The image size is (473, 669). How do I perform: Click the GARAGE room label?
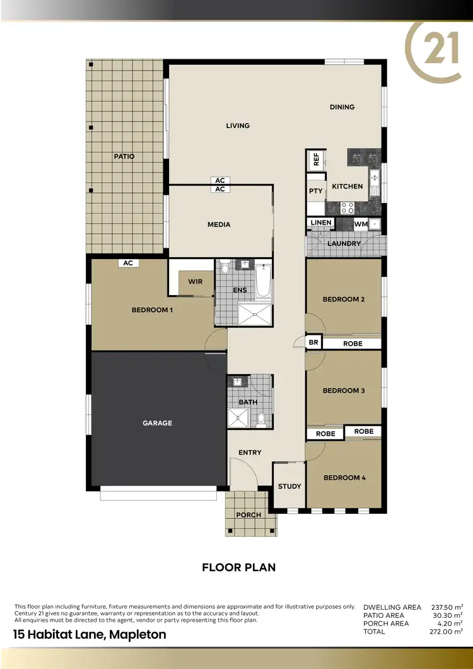[157, 423]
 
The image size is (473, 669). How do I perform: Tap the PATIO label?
[124, 156]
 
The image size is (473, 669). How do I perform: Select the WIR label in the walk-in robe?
[196, 281]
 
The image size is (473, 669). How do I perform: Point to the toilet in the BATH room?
[260, 417]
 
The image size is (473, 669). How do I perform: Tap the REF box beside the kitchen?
[316, 159]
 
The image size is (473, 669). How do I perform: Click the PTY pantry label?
[316, 191]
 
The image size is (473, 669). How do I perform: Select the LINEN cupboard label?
[321, 223]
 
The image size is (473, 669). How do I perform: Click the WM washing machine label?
[361, 224]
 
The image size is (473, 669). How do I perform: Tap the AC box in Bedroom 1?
[128, 263]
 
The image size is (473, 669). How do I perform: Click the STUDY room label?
[289, 486]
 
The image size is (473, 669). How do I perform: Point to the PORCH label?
[248, 515]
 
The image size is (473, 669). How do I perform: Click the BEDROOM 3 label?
[344, 390]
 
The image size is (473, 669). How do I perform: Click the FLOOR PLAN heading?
[238, 567]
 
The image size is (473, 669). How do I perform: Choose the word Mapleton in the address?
[138, 634]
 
